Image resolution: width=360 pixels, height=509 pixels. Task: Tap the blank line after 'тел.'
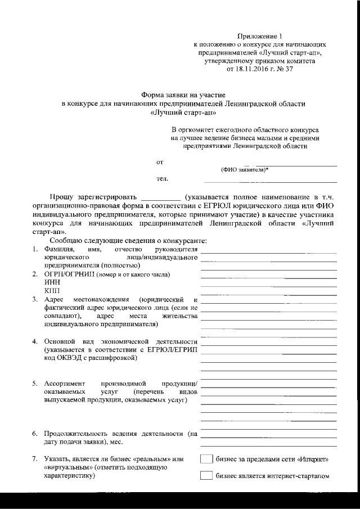270,181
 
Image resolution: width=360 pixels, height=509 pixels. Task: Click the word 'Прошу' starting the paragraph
61,197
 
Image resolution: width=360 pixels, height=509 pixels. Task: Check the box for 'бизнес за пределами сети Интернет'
206,459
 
